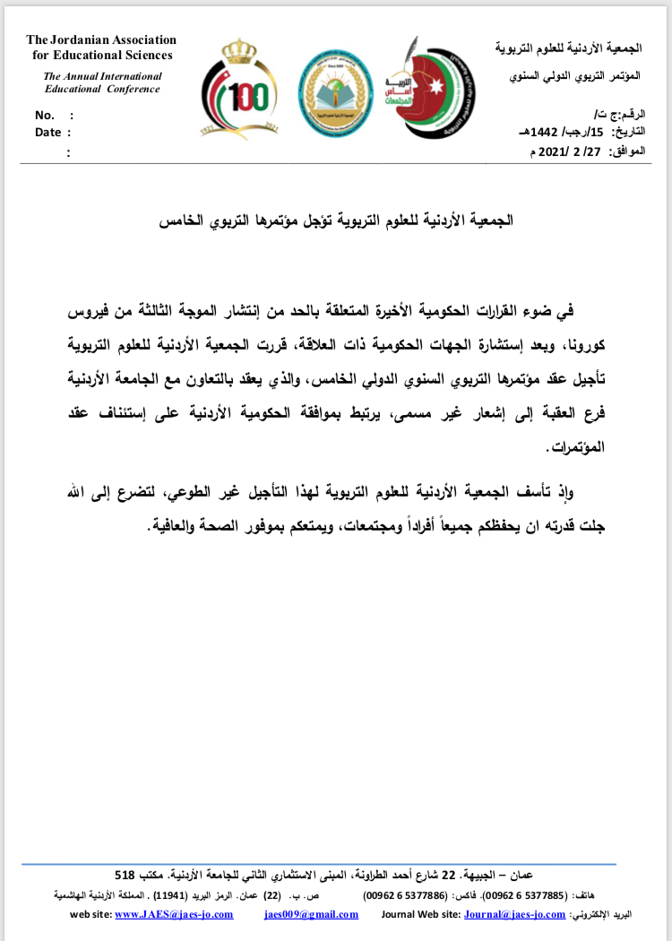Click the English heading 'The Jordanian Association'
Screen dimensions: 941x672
click(x=101, y=40)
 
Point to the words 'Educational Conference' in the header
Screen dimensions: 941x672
click(x=102, y=90)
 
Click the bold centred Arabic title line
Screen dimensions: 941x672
click(x=337, y=220)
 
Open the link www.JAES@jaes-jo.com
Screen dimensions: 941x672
click(x=175, y=915)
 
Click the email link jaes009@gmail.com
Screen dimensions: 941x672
click(x=311, y=915)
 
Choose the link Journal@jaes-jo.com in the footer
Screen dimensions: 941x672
click(x=515, y=915)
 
